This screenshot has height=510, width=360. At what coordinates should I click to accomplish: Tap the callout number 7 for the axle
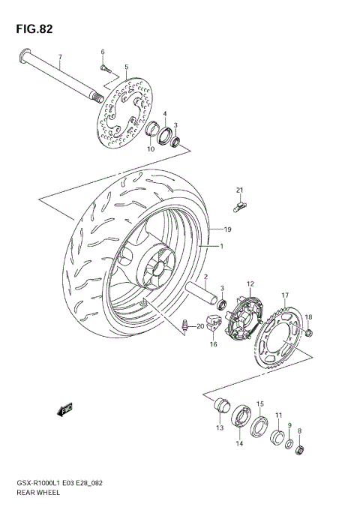tap(60, 57)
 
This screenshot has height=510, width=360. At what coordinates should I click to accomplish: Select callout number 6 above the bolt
tap(103, 51)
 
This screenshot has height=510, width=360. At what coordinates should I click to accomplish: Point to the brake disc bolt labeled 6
tap(106, 68)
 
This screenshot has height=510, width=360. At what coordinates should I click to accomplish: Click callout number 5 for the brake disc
tap(126, 67)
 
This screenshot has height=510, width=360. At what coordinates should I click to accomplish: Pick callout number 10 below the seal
tap(151, 149)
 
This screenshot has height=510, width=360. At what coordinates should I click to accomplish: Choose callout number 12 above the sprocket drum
tap(251, 283)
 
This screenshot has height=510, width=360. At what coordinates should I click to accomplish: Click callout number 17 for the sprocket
tap(285, 295)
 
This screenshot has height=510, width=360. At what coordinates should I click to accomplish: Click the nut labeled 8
tap(301, 450)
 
